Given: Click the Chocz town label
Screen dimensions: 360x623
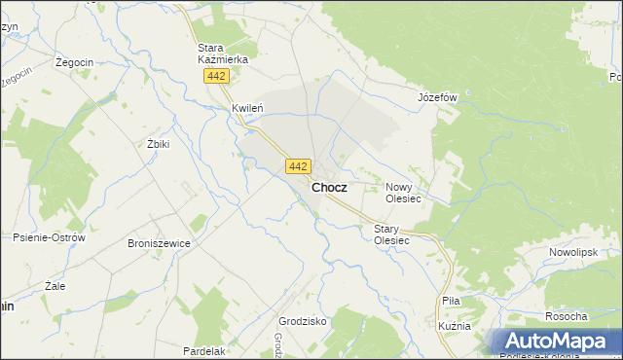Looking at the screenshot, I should tap(329, 187).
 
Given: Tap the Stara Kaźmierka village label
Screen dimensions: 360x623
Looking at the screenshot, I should tap(222, 54).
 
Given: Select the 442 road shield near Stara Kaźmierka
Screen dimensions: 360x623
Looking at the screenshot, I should tap(217, 77).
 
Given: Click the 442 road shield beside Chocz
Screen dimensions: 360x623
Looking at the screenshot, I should tap(299, 166).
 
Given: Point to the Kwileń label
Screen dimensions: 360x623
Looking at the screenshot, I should tap(248, 108).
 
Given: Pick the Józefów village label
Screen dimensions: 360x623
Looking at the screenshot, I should tap(437, 97).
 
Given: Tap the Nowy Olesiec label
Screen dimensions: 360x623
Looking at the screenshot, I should tap(403, 192).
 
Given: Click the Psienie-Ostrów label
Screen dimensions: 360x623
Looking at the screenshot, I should tap(50, 237).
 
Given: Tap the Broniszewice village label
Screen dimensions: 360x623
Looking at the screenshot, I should tap(159, 243).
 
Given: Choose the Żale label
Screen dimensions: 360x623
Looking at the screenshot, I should tap(55, 287).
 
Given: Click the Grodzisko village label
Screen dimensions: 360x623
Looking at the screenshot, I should tap(302, 321).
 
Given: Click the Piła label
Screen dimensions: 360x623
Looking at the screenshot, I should tap(451, 303).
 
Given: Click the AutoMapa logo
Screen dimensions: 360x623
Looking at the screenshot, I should tap(555, 342).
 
